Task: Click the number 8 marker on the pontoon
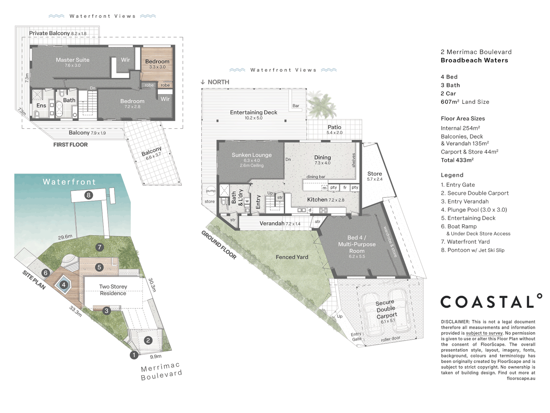click(x=89, y=195)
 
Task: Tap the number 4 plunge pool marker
click(x=64, y=285)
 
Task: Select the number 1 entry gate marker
click(x=134, y=355)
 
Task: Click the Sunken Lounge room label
click(x=252, y=155)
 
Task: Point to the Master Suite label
click(x=73, y=60)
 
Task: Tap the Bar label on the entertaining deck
click(x=296, y=106)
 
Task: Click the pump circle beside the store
click(x=211, y=191)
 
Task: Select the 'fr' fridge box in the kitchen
click(x=345, y=187)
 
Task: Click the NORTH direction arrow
click(x=203, y=82)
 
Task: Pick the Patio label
click(x=334, y=127)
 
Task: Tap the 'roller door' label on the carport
click(x=390, y=339)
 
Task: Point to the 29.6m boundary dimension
click(x=65, y=237)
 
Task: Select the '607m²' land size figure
click(x=450, y=102)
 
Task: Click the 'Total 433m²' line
click(x=457, y=160)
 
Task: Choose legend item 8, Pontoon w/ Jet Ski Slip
click(x=472, y=250)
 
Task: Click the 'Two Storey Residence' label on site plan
click(x=113, y=290)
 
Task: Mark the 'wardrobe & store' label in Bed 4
click(x=390, y=242)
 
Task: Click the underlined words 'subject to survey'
click(x=484, y=333)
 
